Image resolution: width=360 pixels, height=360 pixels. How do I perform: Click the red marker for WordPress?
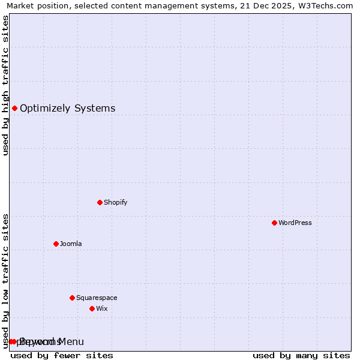(x=274, y=223)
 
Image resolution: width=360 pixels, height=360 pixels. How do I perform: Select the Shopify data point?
(x=100, y=202)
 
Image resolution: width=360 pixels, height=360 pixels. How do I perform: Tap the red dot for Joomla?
(x=56, y=244)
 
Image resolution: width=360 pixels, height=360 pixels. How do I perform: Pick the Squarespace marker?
(x=72, y=298)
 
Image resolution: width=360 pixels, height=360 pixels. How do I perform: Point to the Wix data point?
(x=92, y=308)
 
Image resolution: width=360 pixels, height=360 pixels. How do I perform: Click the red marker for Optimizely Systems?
(x=14, y=108)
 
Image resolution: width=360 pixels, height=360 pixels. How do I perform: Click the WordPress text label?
(x=295, y=223)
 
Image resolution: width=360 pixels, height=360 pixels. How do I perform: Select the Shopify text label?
(x=115, y=202)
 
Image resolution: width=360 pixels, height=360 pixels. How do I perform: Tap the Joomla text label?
(x=71, y=244)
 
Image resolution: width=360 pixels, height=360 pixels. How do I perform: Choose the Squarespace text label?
(x=97, y=298)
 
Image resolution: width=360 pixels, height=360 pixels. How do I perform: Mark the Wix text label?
(x=101, y=308)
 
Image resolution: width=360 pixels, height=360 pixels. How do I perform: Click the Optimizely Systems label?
(x=67, y=108)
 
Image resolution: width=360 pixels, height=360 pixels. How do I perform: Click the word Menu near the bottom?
(x=71, y=341)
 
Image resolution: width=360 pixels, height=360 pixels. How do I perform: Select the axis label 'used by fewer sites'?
(x=62, y=355)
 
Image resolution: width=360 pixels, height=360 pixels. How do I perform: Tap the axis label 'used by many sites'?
(x=301, y=355)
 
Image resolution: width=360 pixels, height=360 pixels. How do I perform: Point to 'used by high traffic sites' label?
(x=5, y=85)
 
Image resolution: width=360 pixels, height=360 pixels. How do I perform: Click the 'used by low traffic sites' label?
(x=5, y=280)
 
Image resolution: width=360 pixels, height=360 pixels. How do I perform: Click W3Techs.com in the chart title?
(x=328, y=5)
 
